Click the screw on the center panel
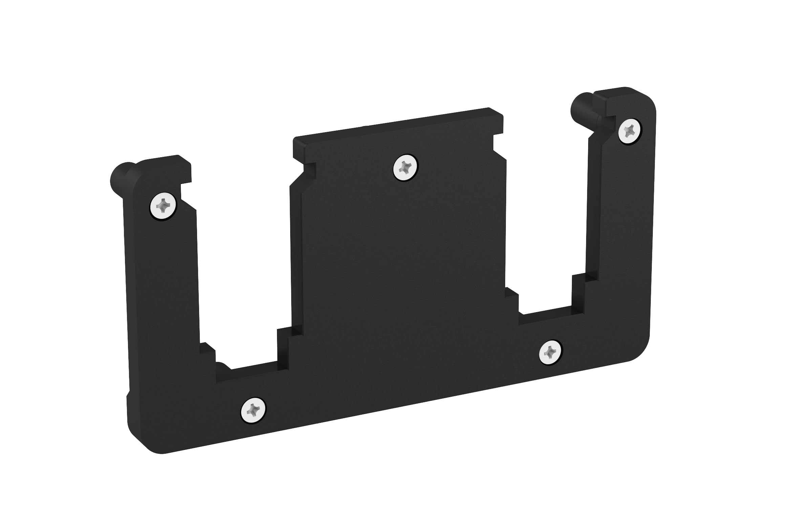(405, 167)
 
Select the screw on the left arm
(163, 206)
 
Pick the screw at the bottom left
(253, 410)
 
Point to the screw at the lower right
(550, 352)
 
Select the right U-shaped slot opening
(546, 221)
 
